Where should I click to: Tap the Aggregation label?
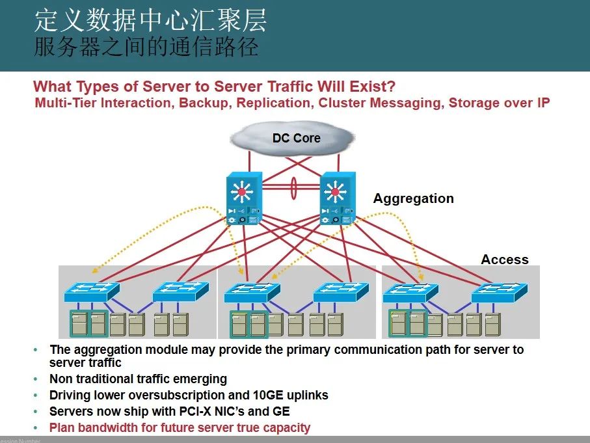click(x=413, y=198)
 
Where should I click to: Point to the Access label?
click(x=504, y=260)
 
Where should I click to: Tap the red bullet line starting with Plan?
click(x=180, y=427)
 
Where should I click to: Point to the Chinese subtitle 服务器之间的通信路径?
click(x=146, y=47)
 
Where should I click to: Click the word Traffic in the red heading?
click(x=291, y=87)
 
